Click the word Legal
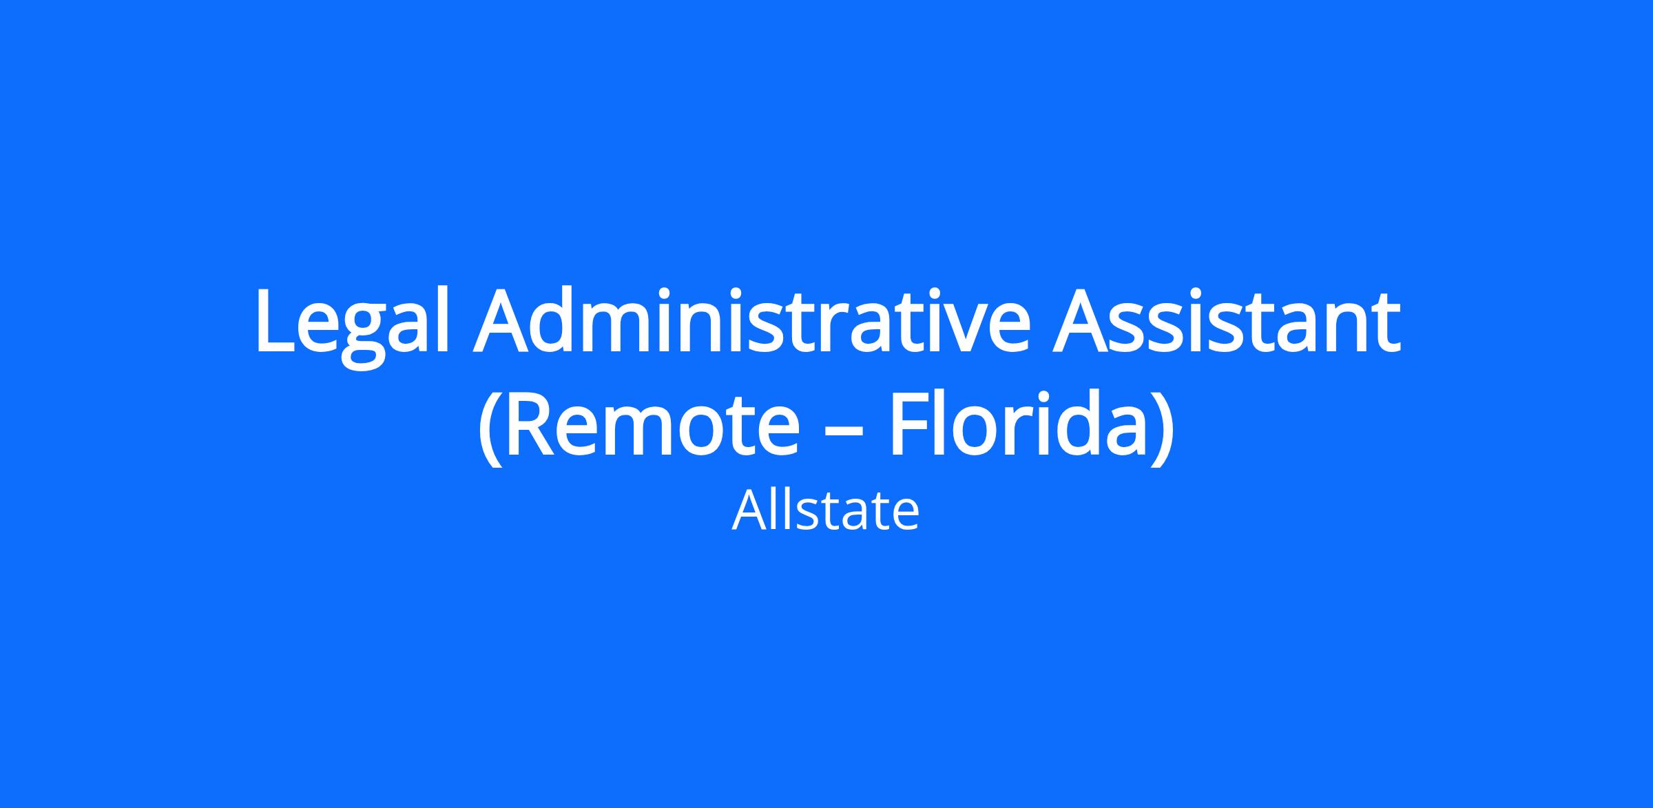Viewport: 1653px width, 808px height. pos(352,324)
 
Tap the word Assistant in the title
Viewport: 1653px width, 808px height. pos(1226,320)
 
